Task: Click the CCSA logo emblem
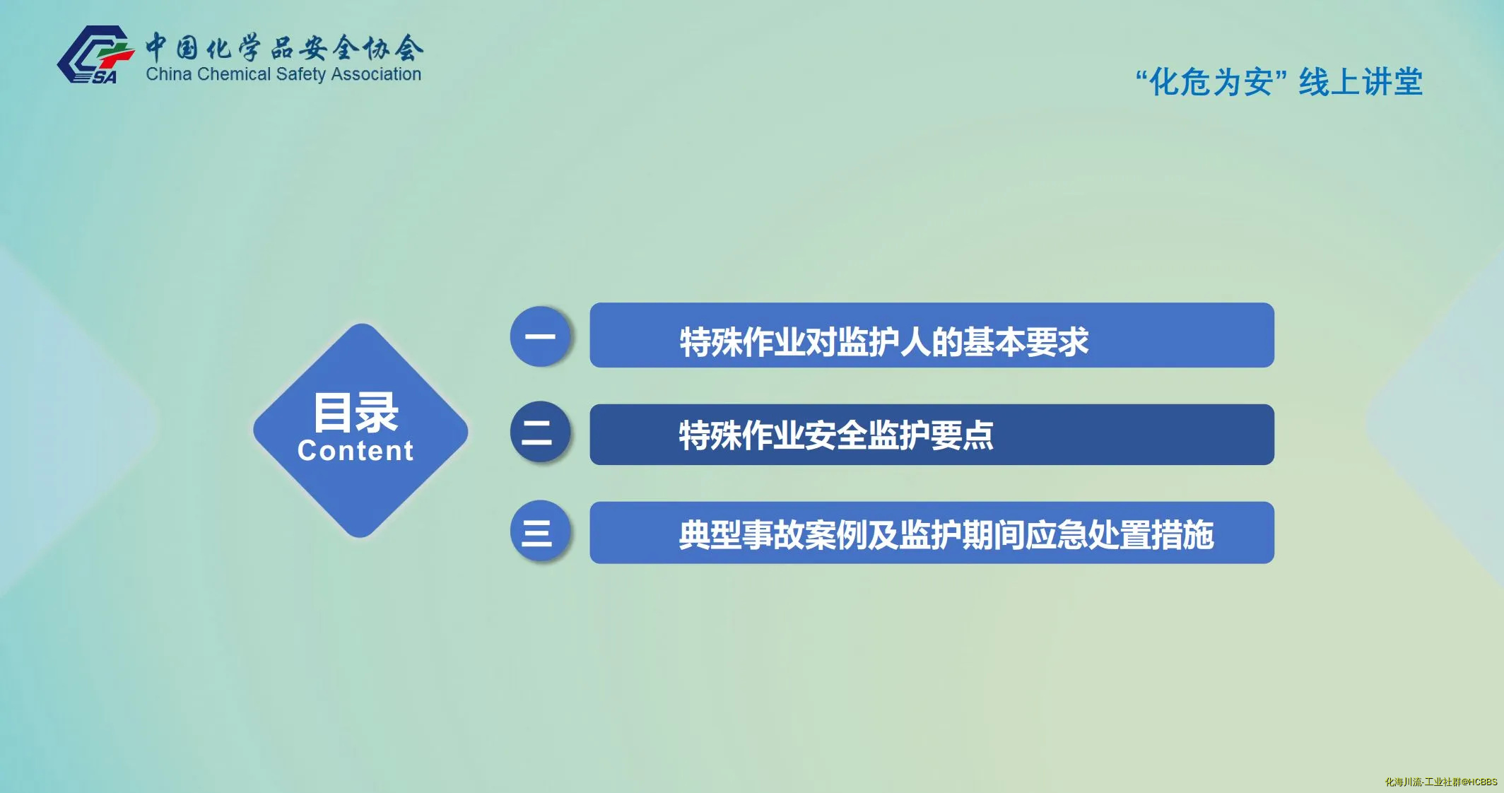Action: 95,55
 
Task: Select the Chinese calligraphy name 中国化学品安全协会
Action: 285,47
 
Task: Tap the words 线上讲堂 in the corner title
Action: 1361,82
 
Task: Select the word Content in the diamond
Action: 356,451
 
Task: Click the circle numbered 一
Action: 541,336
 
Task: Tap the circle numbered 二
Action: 541,432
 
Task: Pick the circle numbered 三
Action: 541,531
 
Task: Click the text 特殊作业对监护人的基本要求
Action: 884,342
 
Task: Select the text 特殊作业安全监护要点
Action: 836,435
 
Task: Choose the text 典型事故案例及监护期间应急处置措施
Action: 946,534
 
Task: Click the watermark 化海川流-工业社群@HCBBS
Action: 1441,782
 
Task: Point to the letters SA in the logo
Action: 105,77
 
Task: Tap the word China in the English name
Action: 169,74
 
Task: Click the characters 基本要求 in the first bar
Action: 1026,342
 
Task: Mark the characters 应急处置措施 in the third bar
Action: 1120,534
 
